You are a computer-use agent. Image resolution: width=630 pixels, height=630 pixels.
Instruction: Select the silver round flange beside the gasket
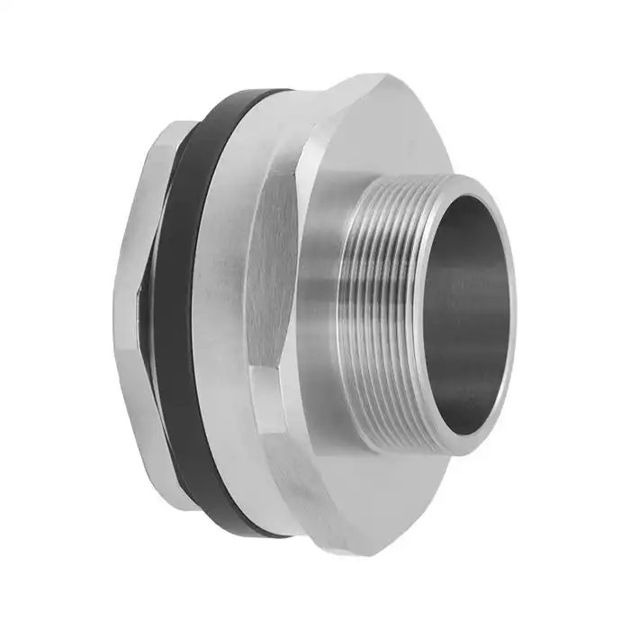click(x=225, y=306)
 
